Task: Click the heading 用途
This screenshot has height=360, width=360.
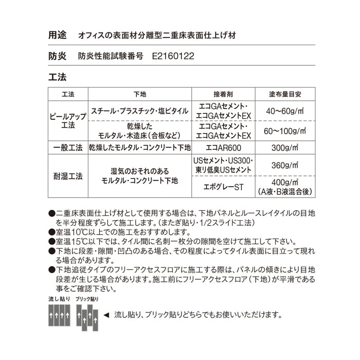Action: (x=58, y=36)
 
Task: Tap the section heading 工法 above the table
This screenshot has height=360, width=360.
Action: (x=58, y=78)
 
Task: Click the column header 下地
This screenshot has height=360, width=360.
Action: (x=140, y=95)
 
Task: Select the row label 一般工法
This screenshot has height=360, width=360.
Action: (x=68, y=148)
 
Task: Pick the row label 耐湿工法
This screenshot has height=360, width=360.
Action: (x=68, y=176)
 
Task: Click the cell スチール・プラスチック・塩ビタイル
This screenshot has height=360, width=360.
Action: (x=139, y=111)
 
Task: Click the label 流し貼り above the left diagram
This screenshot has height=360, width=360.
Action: (x=58, y=299)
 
